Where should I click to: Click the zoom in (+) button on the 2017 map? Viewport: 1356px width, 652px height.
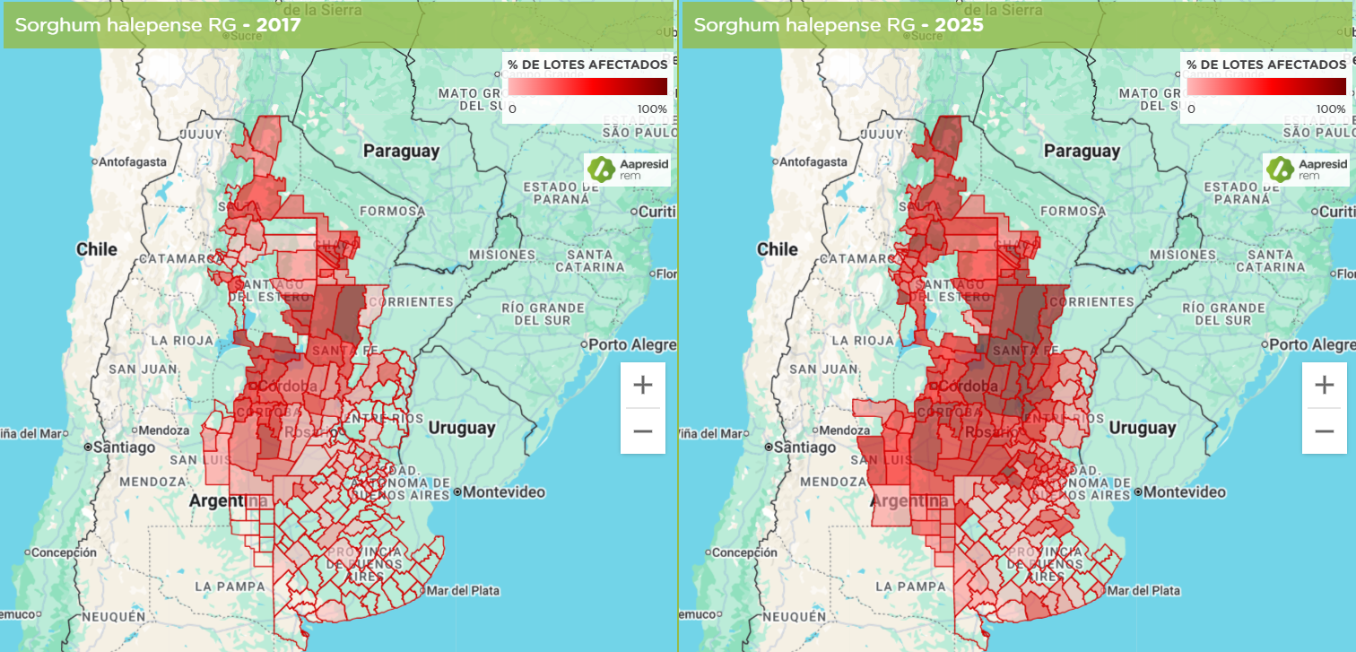tap(642, 386)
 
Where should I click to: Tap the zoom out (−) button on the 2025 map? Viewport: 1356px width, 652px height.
tap(1324, 431)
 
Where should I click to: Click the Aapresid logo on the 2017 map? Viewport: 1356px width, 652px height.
tap(629, 169)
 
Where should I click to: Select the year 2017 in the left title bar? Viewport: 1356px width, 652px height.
tap(278, 25)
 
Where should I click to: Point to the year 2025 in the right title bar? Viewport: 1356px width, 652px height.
tap(958, 25)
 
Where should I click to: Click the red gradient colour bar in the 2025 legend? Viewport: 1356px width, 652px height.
tap(1266, 86)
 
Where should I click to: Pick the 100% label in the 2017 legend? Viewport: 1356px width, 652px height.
tap(652, 109)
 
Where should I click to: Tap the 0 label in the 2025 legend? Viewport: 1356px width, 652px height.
tap(1191, 109)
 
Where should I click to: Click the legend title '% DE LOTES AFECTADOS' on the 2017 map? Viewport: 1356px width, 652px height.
tap(587, 65)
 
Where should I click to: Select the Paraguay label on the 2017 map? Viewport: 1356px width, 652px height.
tap(401, 151)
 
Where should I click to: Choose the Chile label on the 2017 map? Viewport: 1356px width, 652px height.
tap(97, 248)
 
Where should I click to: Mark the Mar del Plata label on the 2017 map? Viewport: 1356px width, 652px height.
tap(463, 590)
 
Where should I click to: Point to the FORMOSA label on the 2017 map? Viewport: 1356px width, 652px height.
tap(392, 212)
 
